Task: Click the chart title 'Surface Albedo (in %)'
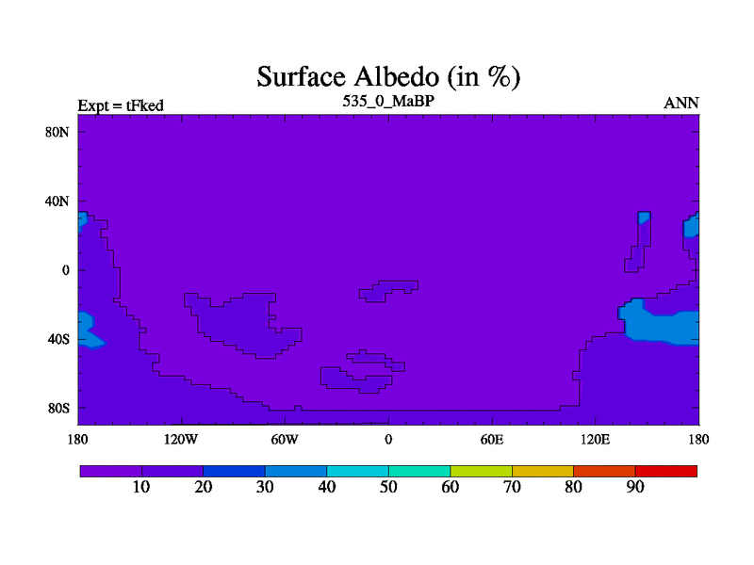tap(388, 76)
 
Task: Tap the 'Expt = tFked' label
tap(121, 105)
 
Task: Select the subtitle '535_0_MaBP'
tap(388, 101)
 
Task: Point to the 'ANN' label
tap(680, 104)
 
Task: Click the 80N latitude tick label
tap(57, 132)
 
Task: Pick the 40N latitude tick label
tap(57, 202)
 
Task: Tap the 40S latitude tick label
tap(58, 339)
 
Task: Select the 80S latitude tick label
tap(58, 409)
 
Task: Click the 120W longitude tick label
tap(181, 440)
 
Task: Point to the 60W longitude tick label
tap(285, 440)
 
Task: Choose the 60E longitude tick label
tap(492, 440)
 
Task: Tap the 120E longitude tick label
tap(596, 440)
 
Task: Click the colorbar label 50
tap(388, 487)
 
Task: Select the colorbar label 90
tap(635, 487)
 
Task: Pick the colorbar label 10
tap(141, 487)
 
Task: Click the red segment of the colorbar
tap(666, 472)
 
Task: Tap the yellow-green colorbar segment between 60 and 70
tap(481, 472)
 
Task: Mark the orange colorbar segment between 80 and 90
tap(604, 472)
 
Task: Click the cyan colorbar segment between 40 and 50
tap(358, 472)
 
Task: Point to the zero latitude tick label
tap(65, 270)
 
